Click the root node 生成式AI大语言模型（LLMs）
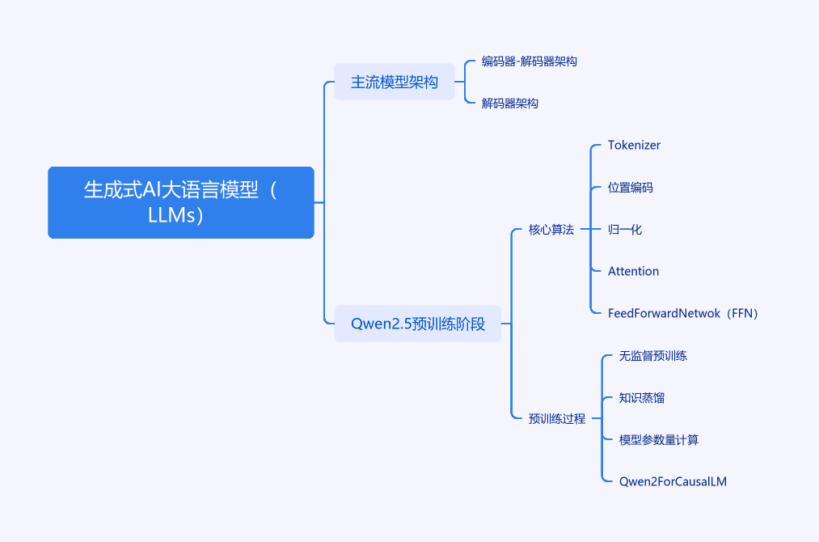tap(181, 202)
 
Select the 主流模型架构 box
tap(395, 82)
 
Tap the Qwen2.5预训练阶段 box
tap(417, 324)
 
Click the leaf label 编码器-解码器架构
tap(529, 61)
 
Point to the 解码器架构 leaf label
tap(510, 103)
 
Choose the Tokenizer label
tap(634, 145)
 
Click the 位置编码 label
tap(631, 187)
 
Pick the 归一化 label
tap(625, 229)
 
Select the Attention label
tap(634, 271)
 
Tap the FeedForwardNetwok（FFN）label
tap(682, 313)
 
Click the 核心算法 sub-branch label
tap(551, 229)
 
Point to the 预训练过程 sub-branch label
tap(557, 418)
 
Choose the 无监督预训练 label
tap(653, 355)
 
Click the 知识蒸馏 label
tap(641, 398)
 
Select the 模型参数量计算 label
tap(659, 439)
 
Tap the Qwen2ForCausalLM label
tap(673, 481)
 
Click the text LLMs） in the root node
tap(175, 215)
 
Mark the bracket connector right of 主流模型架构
tap(465, 82)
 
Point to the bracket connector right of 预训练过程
tap(602, 418)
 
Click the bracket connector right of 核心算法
tap(591, 229)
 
